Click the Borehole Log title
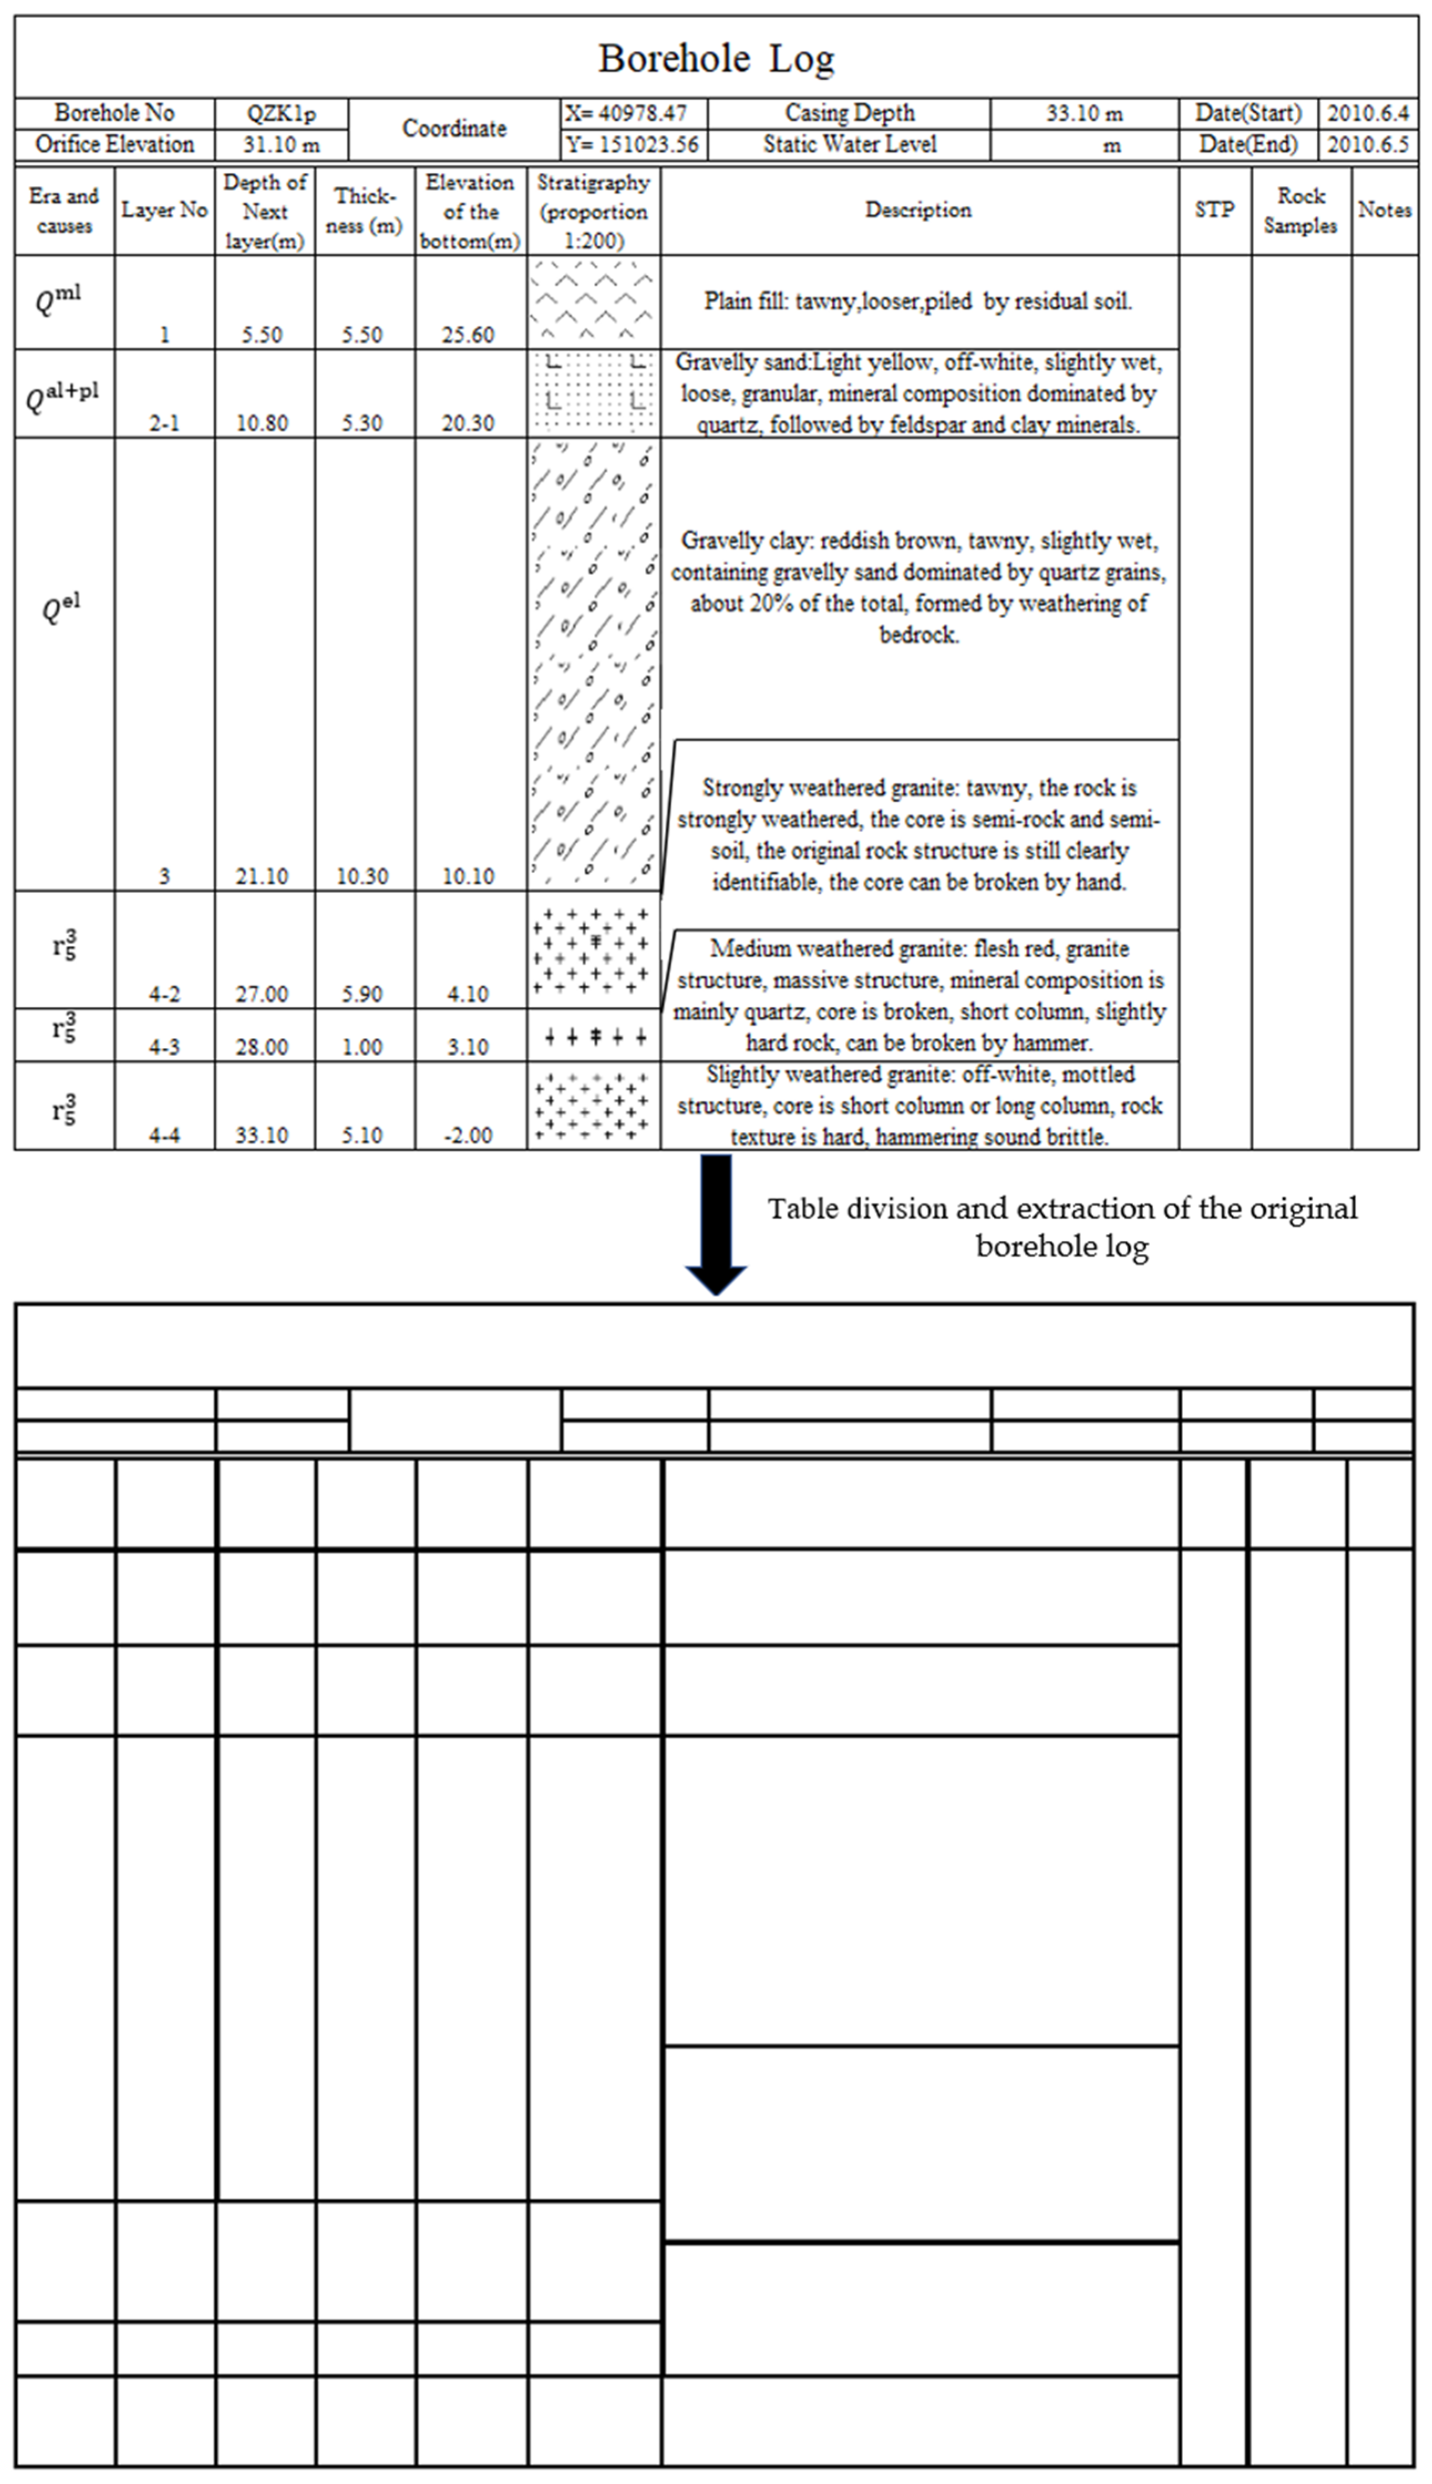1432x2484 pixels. click(x=716, y=59)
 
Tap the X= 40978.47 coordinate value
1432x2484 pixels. click(x=626, y=113)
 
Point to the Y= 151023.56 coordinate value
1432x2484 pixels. click(x=632, y=145)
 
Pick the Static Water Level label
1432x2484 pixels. click(x=850, y=145)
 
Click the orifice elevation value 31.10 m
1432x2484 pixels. click(x=281, y=145)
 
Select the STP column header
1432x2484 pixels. click(x=1215, y=210)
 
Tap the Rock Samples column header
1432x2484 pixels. click(x=1300, y=210)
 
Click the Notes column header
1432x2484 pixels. click(x=1384, y=210)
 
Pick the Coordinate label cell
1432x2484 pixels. click(x=454, y=129)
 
